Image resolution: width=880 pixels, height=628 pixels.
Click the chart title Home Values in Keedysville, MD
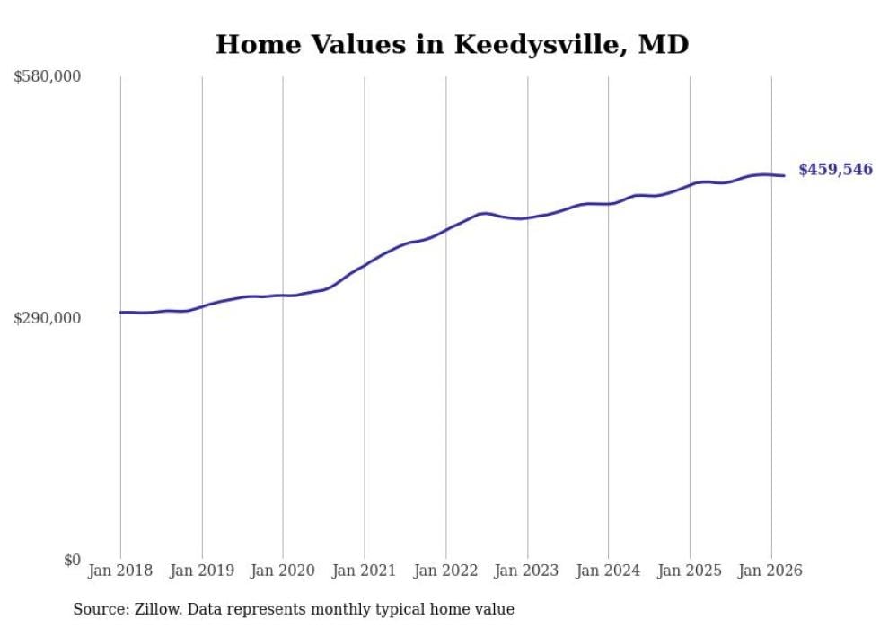click(x=452, y=44)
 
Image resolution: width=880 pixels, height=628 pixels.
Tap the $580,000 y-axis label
click(x=48, y=77)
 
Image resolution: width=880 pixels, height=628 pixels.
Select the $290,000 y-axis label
click(x=48, y=318)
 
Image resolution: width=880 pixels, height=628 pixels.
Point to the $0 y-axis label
click(x=72, y=560)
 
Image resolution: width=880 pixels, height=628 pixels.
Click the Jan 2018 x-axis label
click(x=120, y=571)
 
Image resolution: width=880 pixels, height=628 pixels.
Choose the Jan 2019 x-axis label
click(x=202, y=571)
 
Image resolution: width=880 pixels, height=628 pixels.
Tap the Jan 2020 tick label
click(x=283, y=571)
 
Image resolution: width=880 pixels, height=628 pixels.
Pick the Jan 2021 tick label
click(x=365, y=571)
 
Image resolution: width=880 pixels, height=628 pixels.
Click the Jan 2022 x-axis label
click(x=445, y=571)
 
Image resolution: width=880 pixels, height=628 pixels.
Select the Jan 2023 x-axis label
click(x=527, y=571)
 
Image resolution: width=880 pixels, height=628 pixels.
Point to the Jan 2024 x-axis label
click(x=608, y=571)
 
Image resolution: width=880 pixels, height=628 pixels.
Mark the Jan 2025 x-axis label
click(x=690, y=571)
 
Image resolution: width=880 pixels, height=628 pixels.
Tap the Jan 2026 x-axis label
click(x=770, y=571)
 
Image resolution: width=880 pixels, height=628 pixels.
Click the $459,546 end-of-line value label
click(x=835, y=169)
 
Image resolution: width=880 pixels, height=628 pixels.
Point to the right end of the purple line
click(x=785, y=175)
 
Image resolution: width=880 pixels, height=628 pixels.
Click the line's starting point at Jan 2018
click(x=120, y=313)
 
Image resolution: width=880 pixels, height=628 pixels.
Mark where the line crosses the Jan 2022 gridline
click(x=445, y=230)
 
